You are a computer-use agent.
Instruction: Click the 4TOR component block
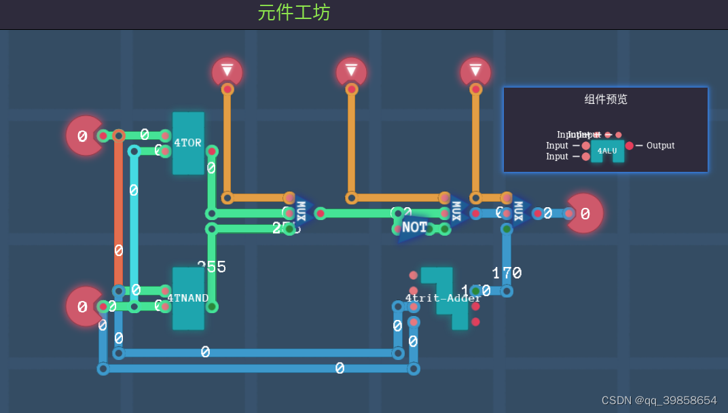[188, 143]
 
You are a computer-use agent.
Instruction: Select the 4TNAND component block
[188, 298]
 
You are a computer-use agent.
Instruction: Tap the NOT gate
[414, 228]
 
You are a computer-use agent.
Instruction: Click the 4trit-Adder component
[443, 298]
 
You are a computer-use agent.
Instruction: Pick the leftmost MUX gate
[302, 212]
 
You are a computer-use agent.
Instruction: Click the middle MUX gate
[456, 212]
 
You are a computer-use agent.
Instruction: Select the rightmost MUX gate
[520, 212]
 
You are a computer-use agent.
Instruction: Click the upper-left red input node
[84, 136]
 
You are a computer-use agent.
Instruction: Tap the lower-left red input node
[84, 306]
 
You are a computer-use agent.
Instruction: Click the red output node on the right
[584, 213]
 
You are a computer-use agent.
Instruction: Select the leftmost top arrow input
[227, 71]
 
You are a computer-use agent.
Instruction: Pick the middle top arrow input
[351, 71]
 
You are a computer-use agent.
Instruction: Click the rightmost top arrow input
[475, 71]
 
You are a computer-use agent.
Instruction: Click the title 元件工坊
[294, 12]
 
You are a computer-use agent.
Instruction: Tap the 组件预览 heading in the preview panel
[606, 99]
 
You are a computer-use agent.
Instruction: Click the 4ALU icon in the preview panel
[607, 150]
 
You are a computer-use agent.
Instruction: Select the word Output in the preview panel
[660, 145]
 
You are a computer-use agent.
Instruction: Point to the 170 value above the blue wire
[507, 273]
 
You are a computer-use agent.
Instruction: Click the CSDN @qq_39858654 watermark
[659, 400]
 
